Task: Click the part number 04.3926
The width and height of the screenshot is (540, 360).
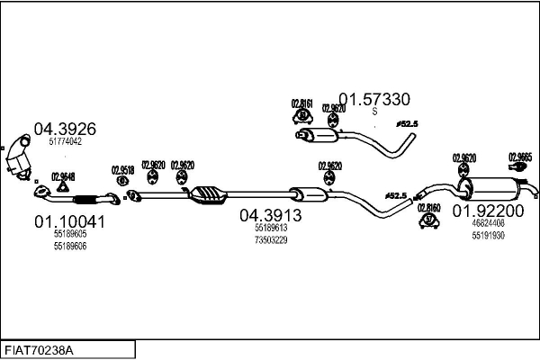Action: click(x=64, y=129)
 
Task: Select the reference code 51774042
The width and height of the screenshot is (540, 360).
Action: click(x=64, y=141)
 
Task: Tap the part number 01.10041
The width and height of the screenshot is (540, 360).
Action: click(x=69, y=220)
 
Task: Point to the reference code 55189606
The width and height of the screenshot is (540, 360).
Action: click(x=69, y=245)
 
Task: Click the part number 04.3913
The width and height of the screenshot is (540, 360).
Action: click(x=270, y=216)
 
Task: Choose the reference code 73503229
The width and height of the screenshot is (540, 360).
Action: click(x=270, y=239)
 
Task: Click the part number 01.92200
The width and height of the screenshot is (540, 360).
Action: click(x=487, y=211)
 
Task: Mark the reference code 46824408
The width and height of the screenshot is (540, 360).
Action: click(x=487, y=223)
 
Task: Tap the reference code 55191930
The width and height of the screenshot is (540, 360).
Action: click(x=487, y=235)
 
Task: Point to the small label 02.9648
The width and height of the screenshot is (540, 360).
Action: click(x=63, y=176)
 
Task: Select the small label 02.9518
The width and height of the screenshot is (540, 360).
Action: click(x=122, y=169)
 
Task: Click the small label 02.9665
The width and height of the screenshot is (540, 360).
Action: click(x=520, y=156)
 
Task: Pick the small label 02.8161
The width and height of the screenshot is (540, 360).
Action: click(x=301, y=103)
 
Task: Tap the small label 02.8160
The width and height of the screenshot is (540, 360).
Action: click(x=429, y=207)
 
